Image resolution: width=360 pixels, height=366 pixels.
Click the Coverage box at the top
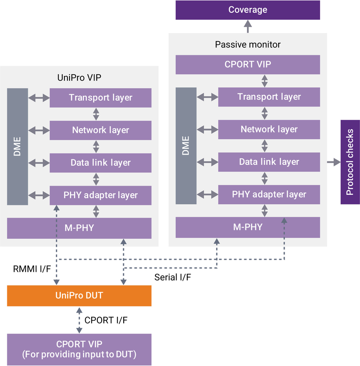pos(248,10)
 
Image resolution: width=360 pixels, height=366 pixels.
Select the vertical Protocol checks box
pos(350,162)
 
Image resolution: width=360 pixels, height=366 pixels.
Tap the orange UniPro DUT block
pos(79,295)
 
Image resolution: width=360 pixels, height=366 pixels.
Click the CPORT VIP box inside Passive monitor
pos(248,64)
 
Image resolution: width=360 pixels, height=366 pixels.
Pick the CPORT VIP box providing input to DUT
pos(79,349)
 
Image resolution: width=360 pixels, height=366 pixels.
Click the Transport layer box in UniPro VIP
pos(100,97)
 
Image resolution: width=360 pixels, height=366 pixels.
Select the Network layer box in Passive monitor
pos(269,129)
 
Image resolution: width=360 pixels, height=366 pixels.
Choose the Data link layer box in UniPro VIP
pos(100,163)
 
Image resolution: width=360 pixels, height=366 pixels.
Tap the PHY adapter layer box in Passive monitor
pos(269,194)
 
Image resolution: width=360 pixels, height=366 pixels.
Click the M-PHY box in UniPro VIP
pos(79,228)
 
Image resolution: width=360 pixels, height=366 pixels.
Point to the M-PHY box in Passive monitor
pos(248,227)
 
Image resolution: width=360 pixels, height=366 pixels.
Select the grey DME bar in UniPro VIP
pos(18,147)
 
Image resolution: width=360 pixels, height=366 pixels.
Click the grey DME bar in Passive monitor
pos(186,146)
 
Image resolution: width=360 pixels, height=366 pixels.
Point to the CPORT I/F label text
pos(107,320)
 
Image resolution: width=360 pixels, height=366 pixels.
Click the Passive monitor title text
pos(248,44)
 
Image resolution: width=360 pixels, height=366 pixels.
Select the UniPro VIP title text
pos(79,78)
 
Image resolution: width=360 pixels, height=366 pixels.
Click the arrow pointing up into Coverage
pos(248,27)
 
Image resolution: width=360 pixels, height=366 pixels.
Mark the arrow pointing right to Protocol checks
pos(333,162)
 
